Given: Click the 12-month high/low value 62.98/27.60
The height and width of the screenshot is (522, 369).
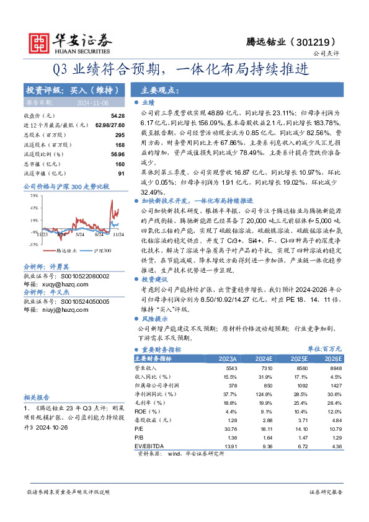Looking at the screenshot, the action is (110, 125).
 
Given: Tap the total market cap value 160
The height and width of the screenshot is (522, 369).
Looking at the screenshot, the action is (120, 163).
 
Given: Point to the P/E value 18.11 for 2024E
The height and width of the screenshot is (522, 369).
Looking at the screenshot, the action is (263, 428).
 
